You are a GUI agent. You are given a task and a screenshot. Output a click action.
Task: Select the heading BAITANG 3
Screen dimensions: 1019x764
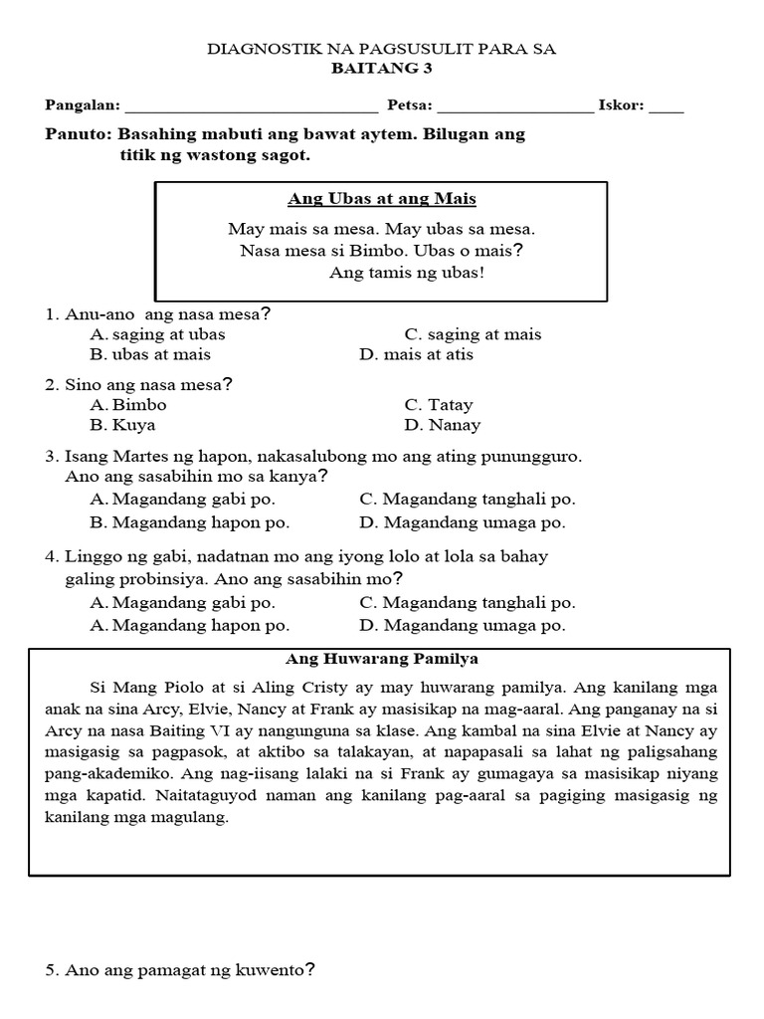382,69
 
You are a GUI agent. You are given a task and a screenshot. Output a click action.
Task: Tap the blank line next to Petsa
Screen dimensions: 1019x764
514,106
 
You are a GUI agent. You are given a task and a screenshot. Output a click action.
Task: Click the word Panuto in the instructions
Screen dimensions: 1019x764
78,134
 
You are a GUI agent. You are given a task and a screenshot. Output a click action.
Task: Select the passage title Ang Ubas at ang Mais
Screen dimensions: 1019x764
382,199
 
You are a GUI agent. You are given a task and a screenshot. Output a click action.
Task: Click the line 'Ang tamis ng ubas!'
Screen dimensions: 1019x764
406,274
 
